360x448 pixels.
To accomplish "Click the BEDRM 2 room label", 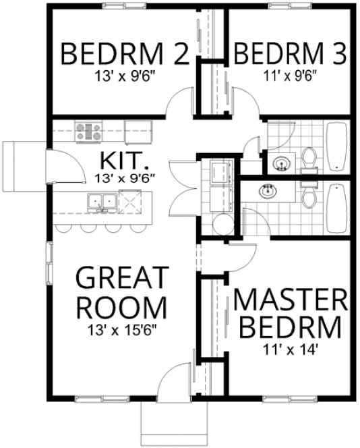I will pyautogui.click(x=125, y=53).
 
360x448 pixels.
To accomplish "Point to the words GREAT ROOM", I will pyautogui.click(x=121, y=292).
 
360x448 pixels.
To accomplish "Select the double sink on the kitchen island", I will pyautogui.click(x=102, y=201).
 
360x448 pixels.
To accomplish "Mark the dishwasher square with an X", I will pyautogui.click(x=129, y=201).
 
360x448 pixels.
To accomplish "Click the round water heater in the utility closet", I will pyautogui.click(x=220, y=224).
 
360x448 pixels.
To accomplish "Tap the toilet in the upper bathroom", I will pyautogui.click(x=309, y=158).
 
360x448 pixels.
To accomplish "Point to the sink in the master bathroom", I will pyautogui.click(x=268, y=191).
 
